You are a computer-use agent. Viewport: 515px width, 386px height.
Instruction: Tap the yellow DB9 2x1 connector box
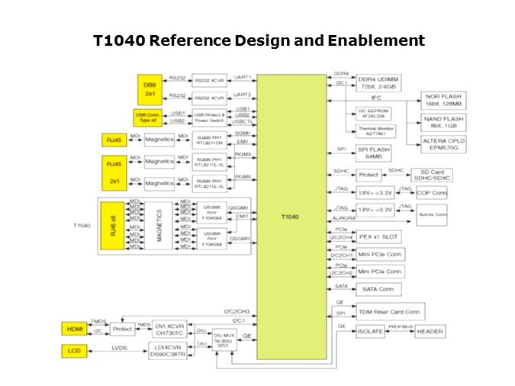click(x=149, y=88)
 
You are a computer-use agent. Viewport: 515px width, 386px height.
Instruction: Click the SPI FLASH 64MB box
click(x=378, y=153)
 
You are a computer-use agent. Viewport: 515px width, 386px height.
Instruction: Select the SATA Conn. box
click(x=379, y=288)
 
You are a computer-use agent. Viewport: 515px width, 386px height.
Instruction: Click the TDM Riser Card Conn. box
click(x=390, y=310)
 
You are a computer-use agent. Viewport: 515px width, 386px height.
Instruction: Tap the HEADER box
click(x=429, y=332)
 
